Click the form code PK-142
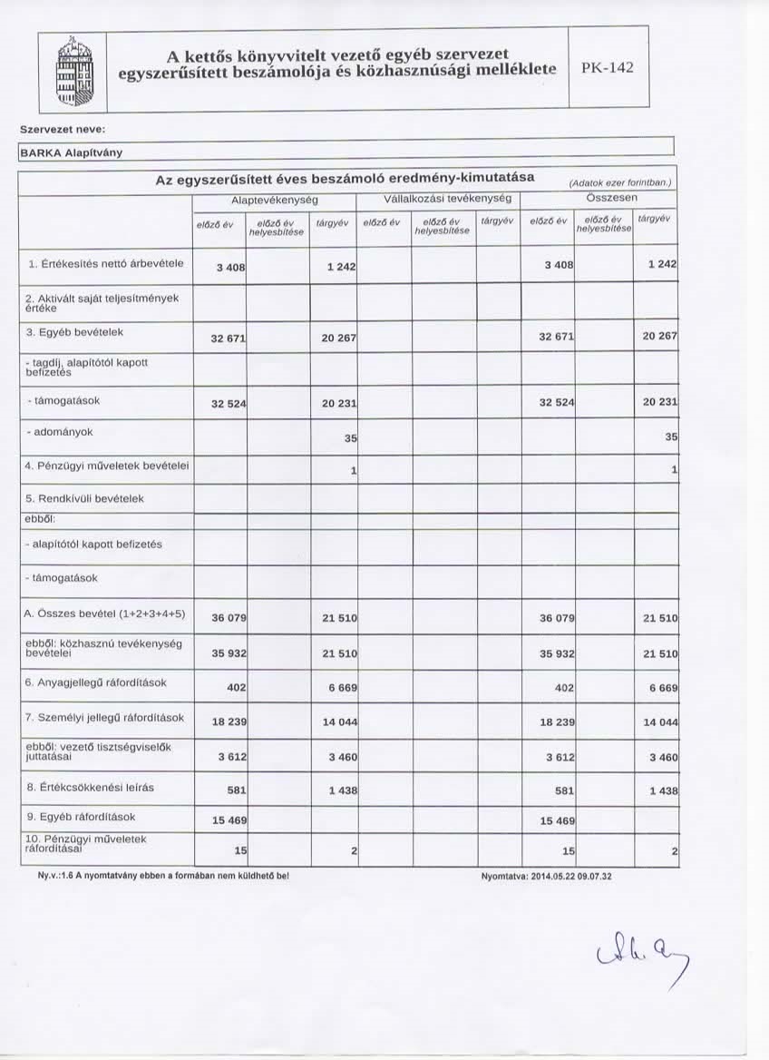coord(608,69)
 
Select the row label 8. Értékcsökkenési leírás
coord(90,787)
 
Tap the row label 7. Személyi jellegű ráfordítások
coord(105,717)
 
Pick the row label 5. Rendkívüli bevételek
coord(85,498)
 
